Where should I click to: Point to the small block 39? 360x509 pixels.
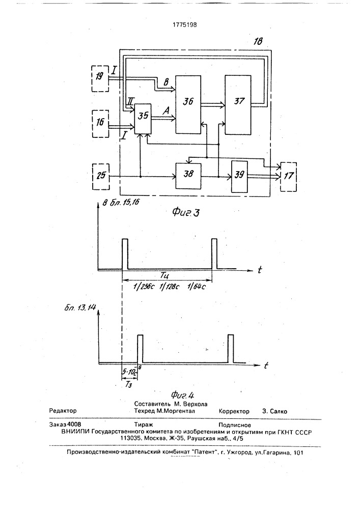click(x=240, y=176)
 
